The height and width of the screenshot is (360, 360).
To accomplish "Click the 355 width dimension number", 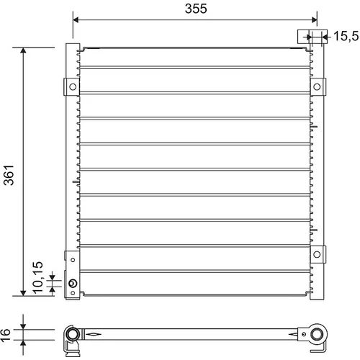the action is (x=196, y=9).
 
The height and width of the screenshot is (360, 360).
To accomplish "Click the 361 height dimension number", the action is (x=9, y=175).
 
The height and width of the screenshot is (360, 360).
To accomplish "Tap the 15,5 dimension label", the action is (x=346, y=36).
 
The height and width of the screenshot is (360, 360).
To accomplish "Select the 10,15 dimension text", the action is (x=38, y=277).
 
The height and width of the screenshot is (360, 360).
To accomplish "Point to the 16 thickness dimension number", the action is (x=5, y=335).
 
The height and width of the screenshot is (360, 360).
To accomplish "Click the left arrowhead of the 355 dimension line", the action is (x=76, y=19).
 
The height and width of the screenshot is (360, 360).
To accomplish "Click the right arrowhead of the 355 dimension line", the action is (x=314, y=19).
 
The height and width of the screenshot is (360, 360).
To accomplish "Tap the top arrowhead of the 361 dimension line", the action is (x=23, y=50).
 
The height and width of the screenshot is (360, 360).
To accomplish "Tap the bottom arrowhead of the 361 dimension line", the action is (x=23, y=293).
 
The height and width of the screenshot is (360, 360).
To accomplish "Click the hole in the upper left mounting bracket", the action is (x=73, y=86).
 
